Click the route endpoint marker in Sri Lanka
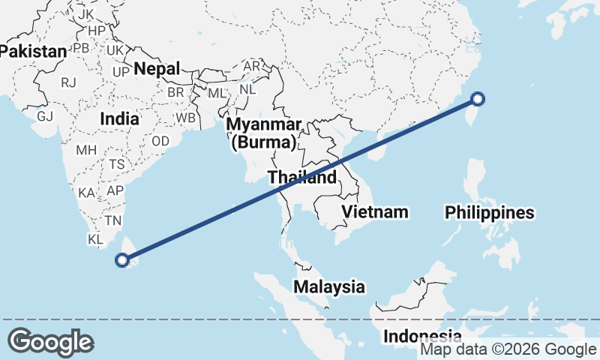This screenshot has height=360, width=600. pyautogui.click(x=123, y=260)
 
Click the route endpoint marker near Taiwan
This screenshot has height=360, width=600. pyautogui.click(x=478, y=98)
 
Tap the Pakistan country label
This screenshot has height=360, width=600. pyautogui.click(x=33, y=52)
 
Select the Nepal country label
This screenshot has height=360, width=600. pyautogui.click(x=157, y=69)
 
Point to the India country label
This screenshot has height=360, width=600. pyautogui.click(x=120, y=118)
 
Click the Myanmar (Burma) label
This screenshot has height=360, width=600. pyautogui.click(x=265, y=132)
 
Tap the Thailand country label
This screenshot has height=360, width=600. pyautogui.click(x=302, y=178)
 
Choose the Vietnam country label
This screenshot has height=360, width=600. pyautogui.click(x=375, y=211)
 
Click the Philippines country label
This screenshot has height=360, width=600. pyautogui.click(x=489, y=213)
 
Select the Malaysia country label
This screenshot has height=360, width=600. pyautogui.click(x=328, y=286)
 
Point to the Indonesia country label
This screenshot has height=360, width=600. pyautogui.click(x=422, y=336)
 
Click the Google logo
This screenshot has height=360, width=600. pyautogui.click(x=50, y=342)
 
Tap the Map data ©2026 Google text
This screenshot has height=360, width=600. pyautogui.click(x=508, y=349)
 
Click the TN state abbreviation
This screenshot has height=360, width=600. pyautogui.click(x=113, y=220)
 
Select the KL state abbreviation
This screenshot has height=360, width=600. pyautogui.click(x=94, y=239)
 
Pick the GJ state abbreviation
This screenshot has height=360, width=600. pyautogui.click(x=46, y=116)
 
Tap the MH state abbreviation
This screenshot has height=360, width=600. pyautogui.click(x=86, y=150)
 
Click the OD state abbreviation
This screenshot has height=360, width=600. pyautogui.click(x=160, y=141)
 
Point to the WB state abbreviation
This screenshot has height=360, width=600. pyautogui.click(x=185, y=118)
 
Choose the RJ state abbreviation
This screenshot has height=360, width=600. pyautogui.click(x=69, y=82)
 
